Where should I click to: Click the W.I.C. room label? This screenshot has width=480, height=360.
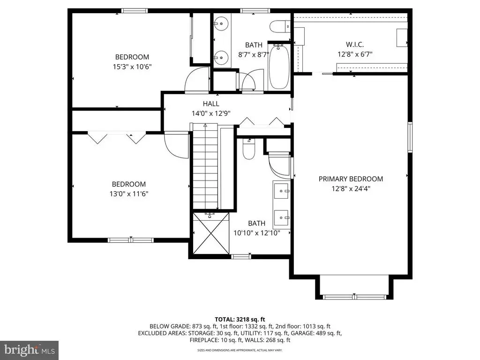[x=355, y=45]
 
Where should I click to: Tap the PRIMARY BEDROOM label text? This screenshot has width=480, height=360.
[x=351, y=179]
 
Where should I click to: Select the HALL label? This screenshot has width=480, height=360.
[x=211, y=104]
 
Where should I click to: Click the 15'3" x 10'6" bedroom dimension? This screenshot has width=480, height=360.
[x=132, y=67]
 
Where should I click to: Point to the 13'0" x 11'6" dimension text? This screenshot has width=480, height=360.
[x=129, y=194]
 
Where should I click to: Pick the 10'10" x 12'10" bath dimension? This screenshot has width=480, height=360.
[x=257, y=233]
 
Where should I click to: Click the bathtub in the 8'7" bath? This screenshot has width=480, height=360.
[x=279, y=67]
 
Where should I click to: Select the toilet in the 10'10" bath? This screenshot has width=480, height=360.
[x=248, y=149]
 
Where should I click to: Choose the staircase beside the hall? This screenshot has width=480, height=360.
[x=205, y=166]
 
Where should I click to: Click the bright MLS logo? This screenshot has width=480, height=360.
[x=30, y=350]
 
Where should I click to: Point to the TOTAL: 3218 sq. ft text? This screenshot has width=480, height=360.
[x=240, y=320]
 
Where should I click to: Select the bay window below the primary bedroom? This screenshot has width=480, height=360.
[x=354, y=297]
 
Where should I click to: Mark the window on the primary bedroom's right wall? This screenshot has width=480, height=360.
[x=410, y=137]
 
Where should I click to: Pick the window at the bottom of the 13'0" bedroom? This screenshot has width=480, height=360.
[x=131, y=240]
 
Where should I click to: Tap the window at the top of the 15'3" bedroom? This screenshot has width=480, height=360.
[x=135, y=11]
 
